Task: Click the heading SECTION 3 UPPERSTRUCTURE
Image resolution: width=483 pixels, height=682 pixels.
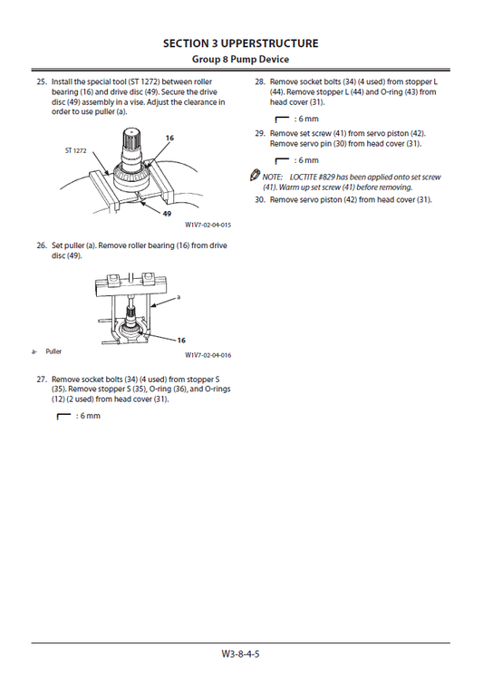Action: (x=241, y=43)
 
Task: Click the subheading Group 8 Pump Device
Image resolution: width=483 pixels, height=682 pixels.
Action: (x=241, y=59)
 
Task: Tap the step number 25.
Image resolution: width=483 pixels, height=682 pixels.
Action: (x=42, y=82)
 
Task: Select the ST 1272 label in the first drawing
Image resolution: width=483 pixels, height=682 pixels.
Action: (x=76, y=151)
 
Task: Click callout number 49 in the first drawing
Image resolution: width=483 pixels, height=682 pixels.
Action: (x=167, y=214)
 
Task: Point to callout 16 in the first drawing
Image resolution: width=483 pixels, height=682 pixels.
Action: (x=169, y=138)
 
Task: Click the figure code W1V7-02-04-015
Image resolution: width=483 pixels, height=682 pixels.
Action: (x=208, y=225)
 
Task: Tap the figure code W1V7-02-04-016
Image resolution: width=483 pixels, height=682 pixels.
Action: (x=208, y=355)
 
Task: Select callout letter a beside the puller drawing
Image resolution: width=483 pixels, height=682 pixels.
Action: (x=179, y=297)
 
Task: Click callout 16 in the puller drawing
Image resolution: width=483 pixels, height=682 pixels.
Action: (x=181, y=341)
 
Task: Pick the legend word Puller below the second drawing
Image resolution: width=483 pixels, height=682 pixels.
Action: (x=53, y=351)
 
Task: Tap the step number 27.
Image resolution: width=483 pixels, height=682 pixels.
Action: (x=42, y=379)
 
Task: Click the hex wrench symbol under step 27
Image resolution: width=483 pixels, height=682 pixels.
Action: (x=63, y=417)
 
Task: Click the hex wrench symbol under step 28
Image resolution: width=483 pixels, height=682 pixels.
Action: (x=282, y=120)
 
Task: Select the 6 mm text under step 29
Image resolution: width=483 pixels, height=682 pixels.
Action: (x=308, y=160)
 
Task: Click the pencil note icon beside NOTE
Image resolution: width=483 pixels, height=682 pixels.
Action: (x=255, y=175)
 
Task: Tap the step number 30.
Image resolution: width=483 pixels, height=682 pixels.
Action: (x=260, y=200)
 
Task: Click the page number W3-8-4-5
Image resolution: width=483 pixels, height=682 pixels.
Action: (x=241, y=654)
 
